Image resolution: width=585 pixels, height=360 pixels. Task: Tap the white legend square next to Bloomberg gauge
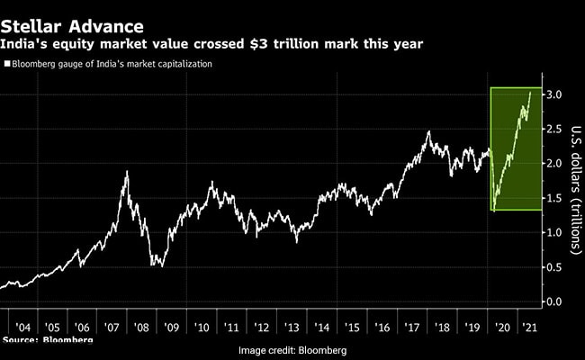(7, 63)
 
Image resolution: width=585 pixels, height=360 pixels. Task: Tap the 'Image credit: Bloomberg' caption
(292, 350)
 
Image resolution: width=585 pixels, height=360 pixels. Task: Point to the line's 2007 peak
(126, 171)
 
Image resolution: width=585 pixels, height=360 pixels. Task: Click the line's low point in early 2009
(155, 265)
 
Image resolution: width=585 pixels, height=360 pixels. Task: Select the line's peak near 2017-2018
(428, 132)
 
